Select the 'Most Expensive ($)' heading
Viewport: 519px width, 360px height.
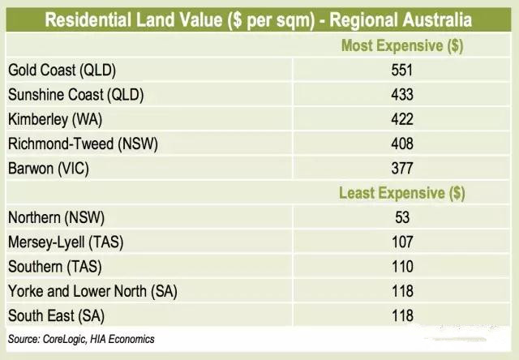[x=401, y=46]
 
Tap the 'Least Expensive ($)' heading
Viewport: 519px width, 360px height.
[x=401, y=193]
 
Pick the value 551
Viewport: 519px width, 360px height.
[x=401, y=71]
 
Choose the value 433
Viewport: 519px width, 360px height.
[x=401, y=95]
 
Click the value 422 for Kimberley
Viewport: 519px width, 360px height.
[x=401, y=119]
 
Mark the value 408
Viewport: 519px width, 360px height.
[x=401, y=144]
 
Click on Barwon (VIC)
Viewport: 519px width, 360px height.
[x=48, y=169]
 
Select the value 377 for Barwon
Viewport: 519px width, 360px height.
[x=401, y=169]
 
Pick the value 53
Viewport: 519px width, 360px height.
[x=401, y=217]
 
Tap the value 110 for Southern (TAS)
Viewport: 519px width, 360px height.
[x=401, y=266]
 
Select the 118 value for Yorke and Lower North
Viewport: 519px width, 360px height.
[x=401, y=290]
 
